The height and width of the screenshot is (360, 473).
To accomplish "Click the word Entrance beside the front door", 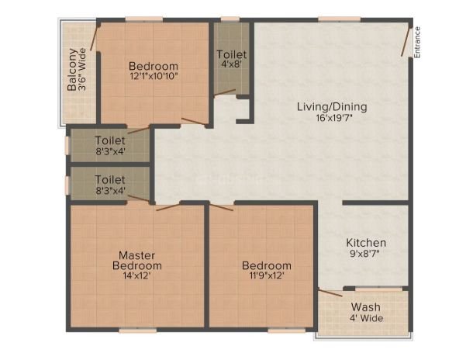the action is pyautogui.click(x=417, y=42).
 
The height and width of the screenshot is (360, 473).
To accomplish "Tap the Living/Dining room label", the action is pyautogui.click(x=332, y=107).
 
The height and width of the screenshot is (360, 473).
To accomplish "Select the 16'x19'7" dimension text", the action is pyautogui.click(x=334, y=118).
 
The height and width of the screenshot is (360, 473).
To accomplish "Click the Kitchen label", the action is pyautogui.click(x=366, y=243).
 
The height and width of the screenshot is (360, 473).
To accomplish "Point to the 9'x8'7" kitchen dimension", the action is pyautogui.click(x=364, y=254).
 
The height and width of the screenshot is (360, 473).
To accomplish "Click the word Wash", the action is pyautogui.click(x=366, y=307).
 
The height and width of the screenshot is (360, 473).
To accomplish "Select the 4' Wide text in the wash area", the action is pyautogui.click(x=367, y=318).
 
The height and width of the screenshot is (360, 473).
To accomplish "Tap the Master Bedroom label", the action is pyautogui.click(x=137, y=261).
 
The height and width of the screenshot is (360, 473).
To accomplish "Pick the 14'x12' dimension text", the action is pyautogui.click(x=136, y=275).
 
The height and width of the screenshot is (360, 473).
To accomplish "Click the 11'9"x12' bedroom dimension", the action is pyautogui.click(x=267, y=275).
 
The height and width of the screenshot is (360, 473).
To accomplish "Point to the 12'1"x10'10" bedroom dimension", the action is pyautogui.click(x=154, y=76).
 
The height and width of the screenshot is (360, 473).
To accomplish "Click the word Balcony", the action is pyautogui.click(x=72, y=70).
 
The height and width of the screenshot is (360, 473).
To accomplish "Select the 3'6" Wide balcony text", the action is pyautogui.click(x=82, y=70).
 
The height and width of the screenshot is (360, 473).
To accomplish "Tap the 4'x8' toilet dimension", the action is pyautogui.click(x=232, y=64).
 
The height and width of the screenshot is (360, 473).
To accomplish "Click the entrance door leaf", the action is pyautogui.click(x=406, y=42).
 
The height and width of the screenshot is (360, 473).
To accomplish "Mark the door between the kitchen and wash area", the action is pyautogui.click(x=330, y=293).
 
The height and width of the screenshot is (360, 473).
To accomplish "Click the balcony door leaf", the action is pyautogui.click(x=95, y=37).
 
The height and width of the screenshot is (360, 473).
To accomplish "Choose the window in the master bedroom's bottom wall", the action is pyautogui.click(x=138, y=331).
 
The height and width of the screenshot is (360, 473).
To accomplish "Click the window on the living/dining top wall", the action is pyautogui.click(x=339, y=19).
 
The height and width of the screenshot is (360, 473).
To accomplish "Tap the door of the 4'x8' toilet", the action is pyautogui.click(x=224, y=92).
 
